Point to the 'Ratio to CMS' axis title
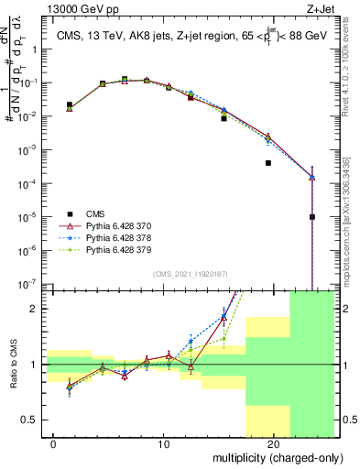pos(13,365)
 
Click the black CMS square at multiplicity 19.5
pos(268,163)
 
